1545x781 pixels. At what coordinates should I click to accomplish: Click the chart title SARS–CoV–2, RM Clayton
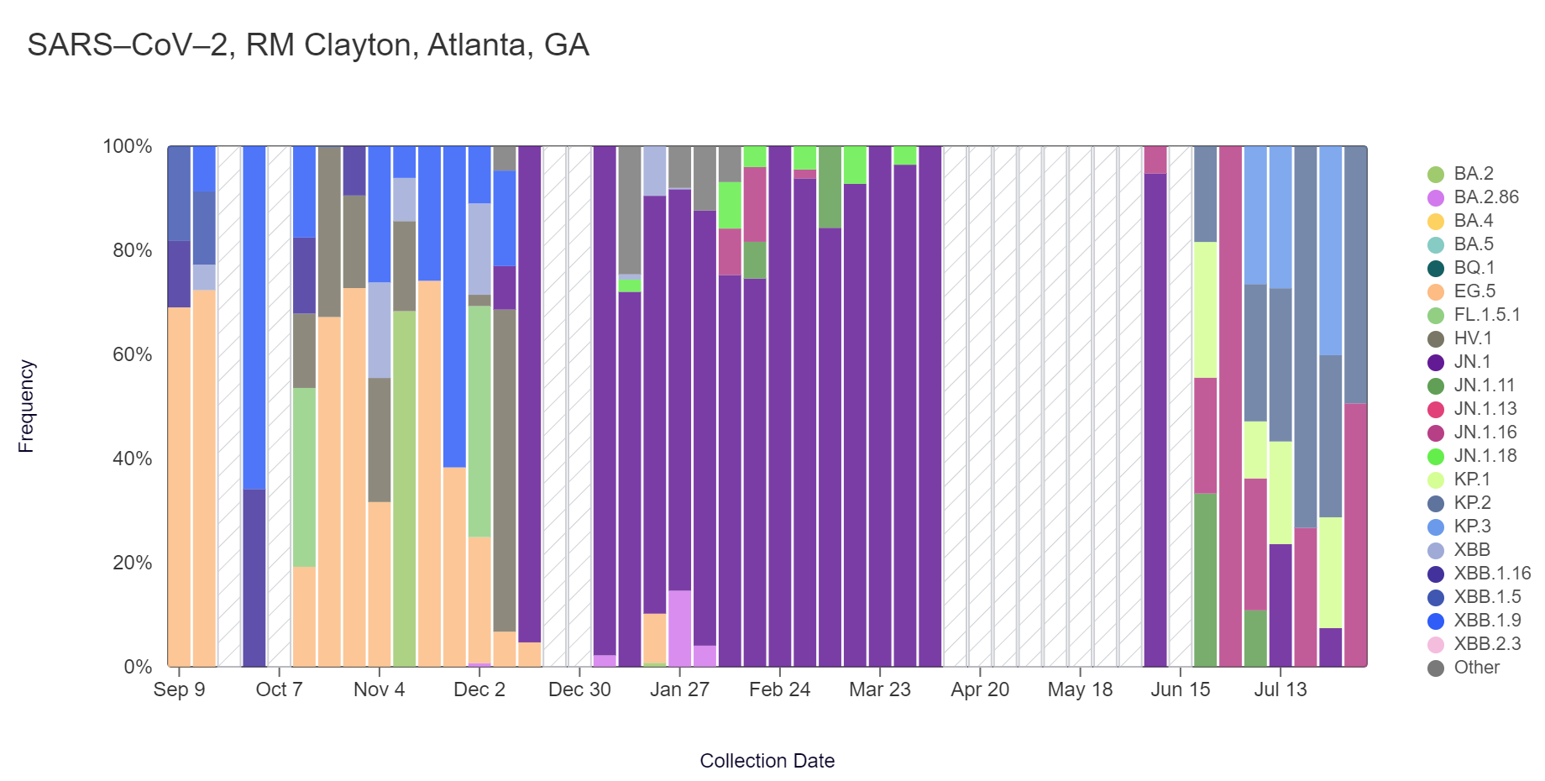[x=308, y=45]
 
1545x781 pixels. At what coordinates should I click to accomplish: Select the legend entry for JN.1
[x=1472, y=362]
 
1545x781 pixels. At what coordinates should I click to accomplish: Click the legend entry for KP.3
[x=1472, y=527]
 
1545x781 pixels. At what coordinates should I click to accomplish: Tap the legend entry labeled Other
[x=1476, y=668]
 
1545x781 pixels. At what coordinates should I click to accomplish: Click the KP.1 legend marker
[x=1436, y=480]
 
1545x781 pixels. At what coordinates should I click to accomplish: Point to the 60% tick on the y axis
[x=133, y=354]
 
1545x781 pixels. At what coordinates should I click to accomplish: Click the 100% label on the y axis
[x=128, y=146]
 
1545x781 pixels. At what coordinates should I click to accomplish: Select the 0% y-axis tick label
[x=138, y=667]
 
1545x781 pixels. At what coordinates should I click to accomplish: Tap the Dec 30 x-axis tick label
[x=579, y=689]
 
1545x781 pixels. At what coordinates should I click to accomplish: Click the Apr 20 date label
[x=980, y=689]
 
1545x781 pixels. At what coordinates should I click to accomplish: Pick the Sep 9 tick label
[x=179, y=689]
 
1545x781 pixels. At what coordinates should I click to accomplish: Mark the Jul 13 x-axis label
[x=1281, y=689]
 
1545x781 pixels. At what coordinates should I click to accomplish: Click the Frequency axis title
[x=26, y=406]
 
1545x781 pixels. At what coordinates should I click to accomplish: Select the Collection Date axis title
[x=767, y=761]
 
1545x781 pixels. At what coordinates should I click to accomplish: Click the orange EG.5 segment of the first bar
[x=179, y=487]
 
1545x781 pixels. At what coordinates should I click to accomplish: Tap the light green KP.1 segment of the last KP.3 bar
[x=1330, y=572]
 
